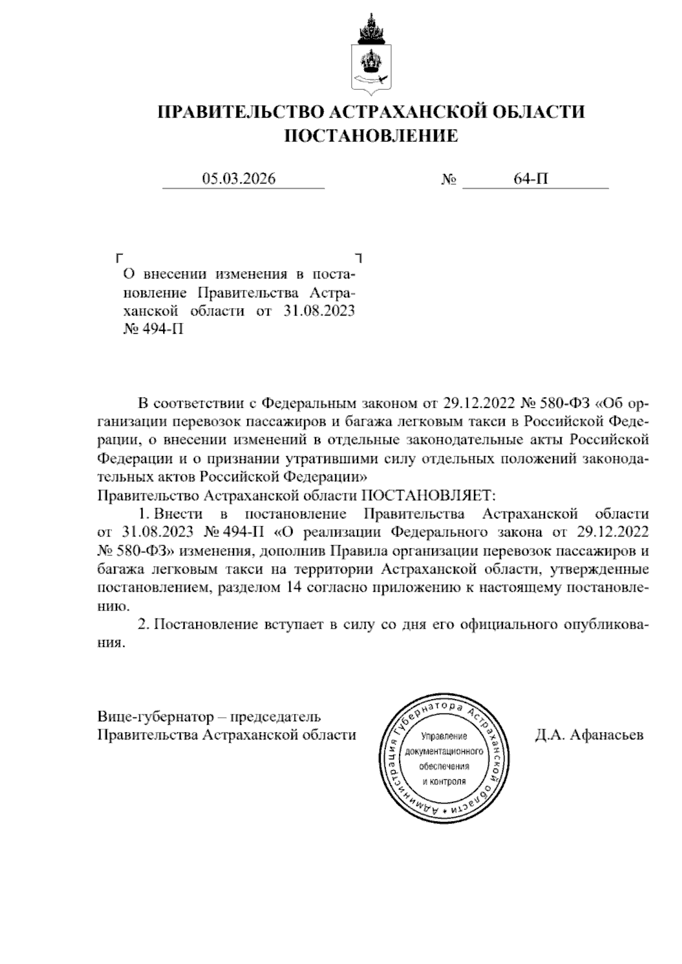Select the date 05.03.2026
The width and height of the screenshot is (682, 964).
pos(239,180)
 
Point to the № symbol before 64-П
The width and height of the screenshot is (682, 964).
pos(449,181)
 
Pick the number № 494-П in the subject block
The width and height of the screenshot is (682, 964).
pos(153,330)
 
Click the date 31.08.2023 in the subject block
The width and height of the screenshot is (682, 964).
pos(318,311)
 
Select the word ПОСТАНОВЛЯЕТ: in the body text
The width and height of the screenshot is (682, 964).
pos(430,495)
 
